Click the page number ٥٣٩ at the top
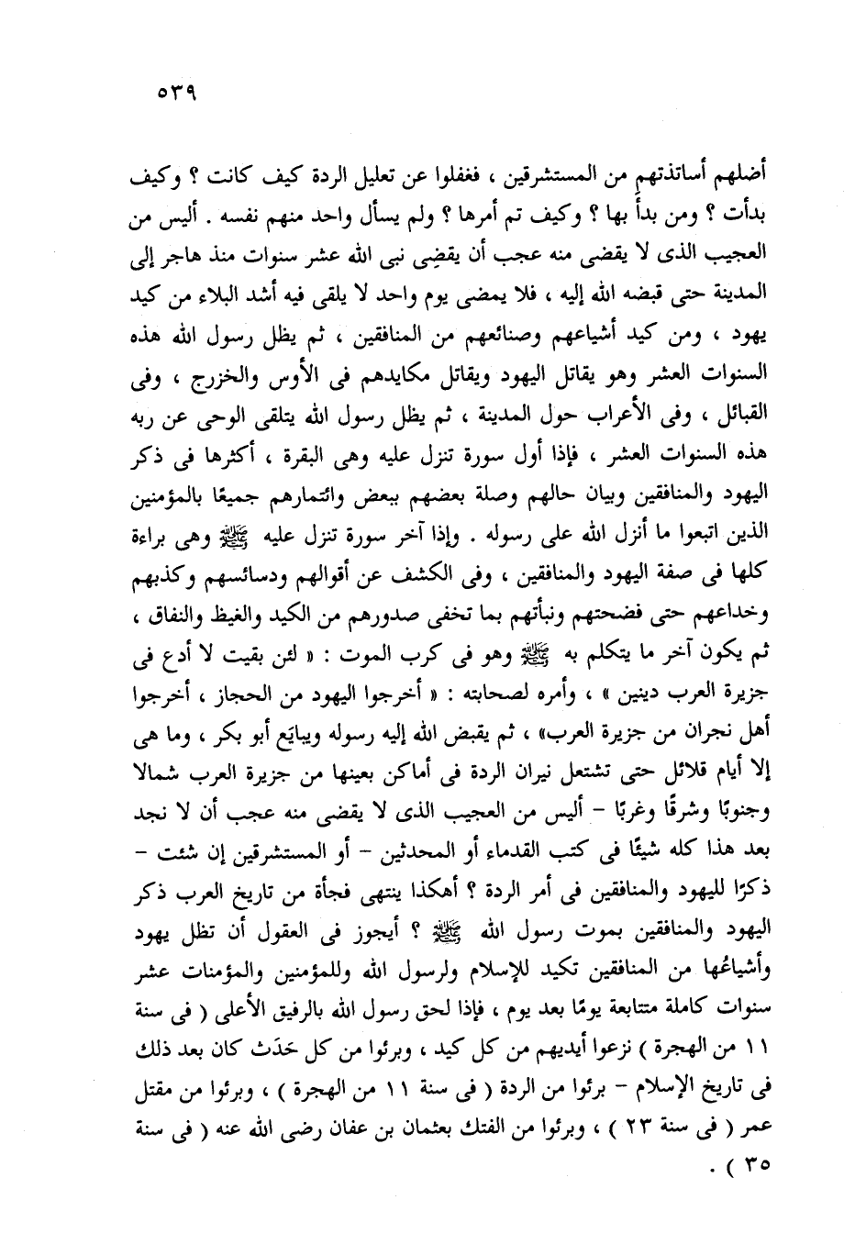[x=178, y=93]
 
